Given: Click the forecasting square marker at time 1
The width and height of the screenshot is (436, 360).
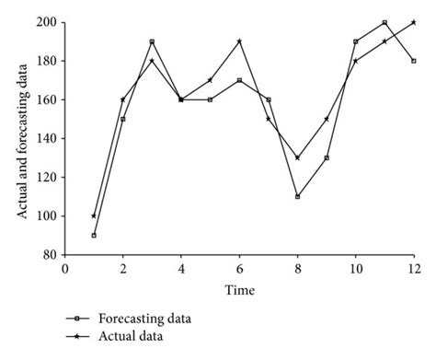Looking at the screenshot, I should pos(94,235).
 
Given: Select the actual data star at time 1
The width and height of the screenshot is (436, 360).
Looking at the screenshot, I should pos(94,215).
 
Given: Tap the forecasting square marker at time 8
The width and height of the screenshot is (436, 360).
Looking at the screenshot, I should pos(297,196).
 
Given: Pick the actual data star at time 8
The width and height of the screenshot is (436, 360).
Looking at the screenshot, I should pos(297,157).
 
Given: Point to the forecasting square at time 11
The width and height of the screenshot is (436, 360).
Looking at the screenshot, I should pos(384,22).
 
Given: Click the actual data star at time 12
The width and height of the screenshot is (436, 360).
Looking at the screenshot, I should pos(414,22).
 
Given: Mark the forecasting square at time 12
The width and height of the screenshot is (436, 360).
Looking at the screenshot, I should pos(414,61).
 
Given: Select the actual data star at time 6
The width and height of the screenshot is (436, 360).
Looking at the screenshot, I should pos(239,41).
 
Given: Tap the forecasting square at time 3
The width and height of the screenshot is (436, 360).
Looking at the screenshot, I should pos(152,41).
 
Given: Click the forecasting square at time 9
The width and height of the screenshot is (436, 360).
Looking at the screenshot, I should pos(327,157).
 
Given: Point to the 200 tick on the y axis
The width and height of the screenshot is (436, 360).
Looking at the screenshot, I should pos(47,22).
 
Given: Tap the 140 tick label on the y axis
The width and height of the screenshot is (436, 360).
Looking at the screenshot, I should pos(47,138).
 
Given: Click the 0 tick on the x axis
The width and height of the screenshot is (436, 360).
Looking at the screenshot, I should pos(64,269).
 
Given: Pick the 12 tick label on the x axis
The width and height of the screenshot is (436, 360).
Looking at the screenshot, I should pos(413,269).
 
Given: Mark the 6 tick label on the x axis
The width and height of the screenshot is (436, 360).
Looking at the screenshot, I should pos(239,269).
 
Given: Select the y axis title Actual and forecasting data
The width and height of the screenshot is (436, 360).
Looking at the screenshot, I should pos(19,138).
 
